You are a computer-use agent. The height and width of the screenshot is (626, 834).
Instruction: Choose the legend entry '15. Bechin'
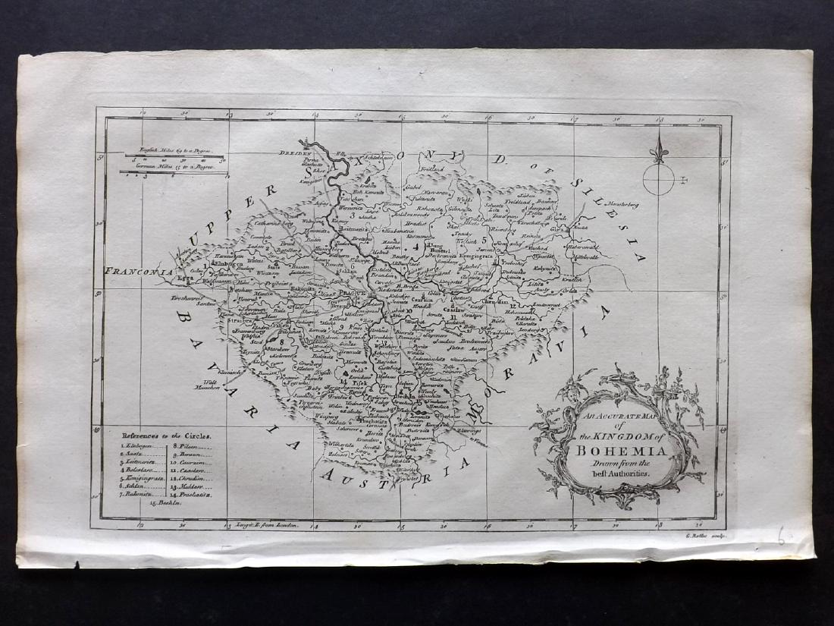tap(167, 503)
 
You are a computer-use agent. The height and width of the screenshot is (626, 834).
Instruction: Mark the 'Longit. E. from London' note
tap(270, 524)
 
